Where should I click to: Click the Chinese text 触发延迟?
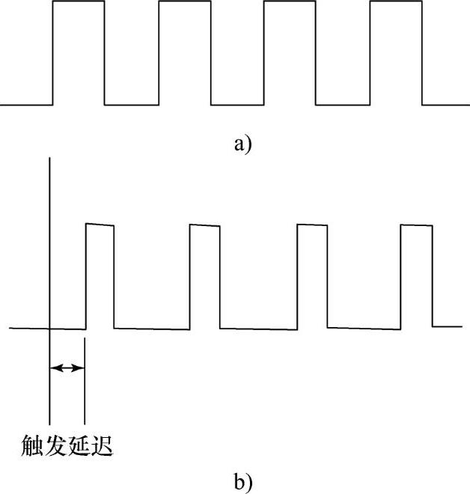pyautogui.click(x=67, y=446)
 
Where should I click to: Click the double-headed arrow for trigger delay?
pyautogui.click(x=67, y=368)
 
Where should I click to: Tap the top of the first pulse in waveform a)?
pyautogui.click(x=79, y=1)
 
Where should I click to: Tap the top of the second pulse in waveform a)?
pyautogui.click(x=185, y=1)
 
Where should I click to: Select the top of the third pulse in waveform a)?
pyautogui.click(x=290, y=1)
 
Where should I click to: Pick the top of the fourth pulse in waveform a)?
pyautogui.click(x=396, y=1)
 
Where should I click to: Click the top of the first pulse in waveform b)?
pyautogui.click(x=100, y=225)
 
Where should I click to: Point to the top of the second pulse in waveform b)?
pyautogui.click(x=204, y=225)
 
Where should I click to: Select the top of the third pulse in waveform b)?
pyautogui.click(x=312, y=225)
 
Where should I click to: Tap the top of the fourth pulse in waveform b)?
pyautogui.click(x=416, y=225)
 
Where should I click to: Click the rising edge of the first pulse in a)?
pyautogui.click(x=52, y=52)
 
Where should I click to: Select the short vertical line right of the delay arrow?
pyautogui.click(x=84, y=389)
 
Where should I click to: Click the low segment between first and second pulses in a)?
pyautogui.click(x=132, y=104)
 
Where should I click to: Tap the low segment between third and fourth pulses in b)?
pyautogui.click(x=364, y=329)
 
